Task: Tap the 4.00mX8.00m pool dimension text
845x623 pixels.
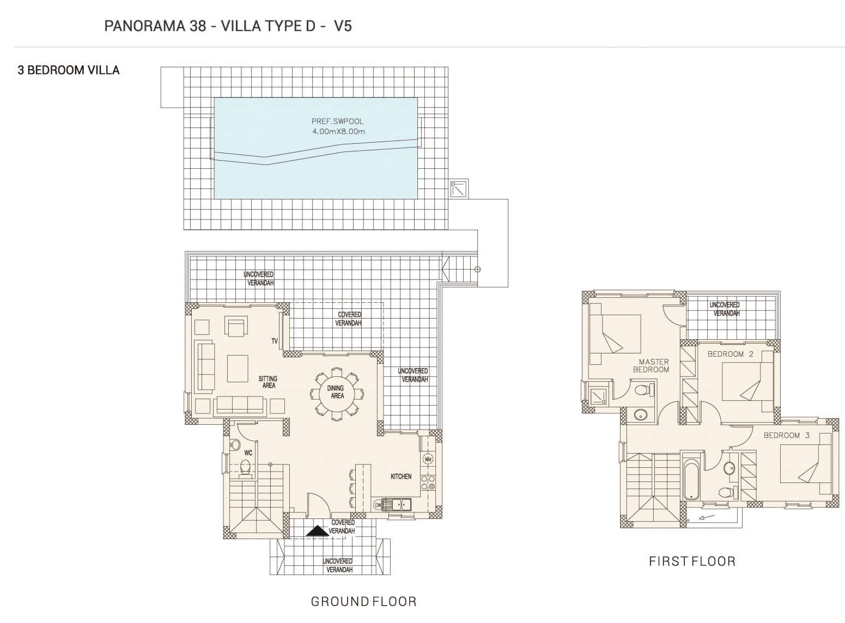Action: coord(338,132)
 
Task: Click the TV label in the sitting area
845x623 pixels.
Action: coord(275,341)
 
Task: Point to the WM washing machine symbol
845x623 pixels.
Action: coord(428,459)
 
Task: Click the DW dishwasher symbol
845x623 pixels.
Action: coord(378,505)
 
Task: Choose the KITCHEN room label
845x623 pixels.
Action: coord(401,477)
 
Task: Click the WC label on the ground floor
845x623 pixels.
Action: coord(248,453)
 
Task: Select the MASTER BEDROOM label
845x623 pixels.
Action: coord(651,366)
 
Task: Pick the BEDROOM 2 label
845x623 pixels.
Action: coord(731,354)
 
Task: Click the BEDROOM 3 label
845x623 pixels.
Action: coord(787,435)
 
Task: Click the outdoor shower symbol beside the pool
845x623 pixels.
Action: coord(459,189)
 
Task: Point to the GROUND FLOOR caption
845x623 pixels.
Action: coord(363,601)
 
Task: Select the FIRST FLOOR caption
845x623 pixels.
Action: coord(692,561)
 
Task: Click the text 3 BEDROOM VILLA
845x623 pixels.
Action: coord(69,70)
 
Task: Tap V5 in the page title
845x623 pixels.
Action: coord(343,26)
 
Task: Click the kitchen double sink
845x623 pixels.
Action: coord(398,504)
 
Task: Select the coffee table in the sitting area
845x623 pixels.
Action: coord(238,369)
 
